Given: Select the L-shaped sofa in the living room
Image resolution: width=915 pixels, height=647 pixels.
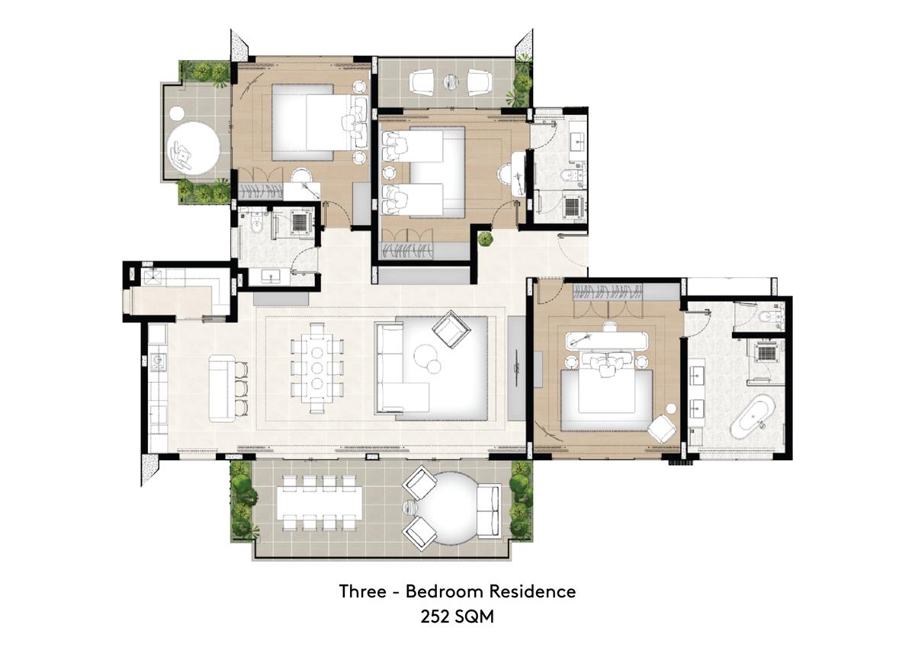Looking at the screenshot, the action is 400,367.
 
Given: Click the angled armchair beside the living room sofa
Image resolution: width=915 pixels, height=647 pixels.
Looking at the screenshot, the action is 451,329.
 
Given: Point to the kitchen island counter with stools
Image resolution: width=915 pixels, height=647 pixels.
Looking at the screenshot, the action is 222,388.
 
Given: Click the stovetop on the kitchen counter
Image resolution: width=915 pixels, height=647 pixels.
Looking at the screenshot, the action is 158,361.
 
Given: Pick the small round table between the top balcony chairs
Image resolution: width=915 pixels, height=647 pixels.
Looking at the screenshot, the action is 451,82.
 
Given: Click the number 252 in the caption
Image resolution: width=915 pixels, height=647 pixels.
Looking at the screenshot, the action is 435,617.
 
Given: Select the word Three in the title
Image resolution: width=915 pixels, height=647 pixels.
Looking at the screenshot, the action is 362,591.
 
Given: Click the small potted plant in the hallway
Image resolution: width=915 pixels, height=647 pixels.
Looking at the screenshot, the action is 485,238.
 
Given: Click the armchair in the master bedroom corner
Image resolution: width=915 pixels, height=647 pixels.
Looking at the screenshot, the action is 662,428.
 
